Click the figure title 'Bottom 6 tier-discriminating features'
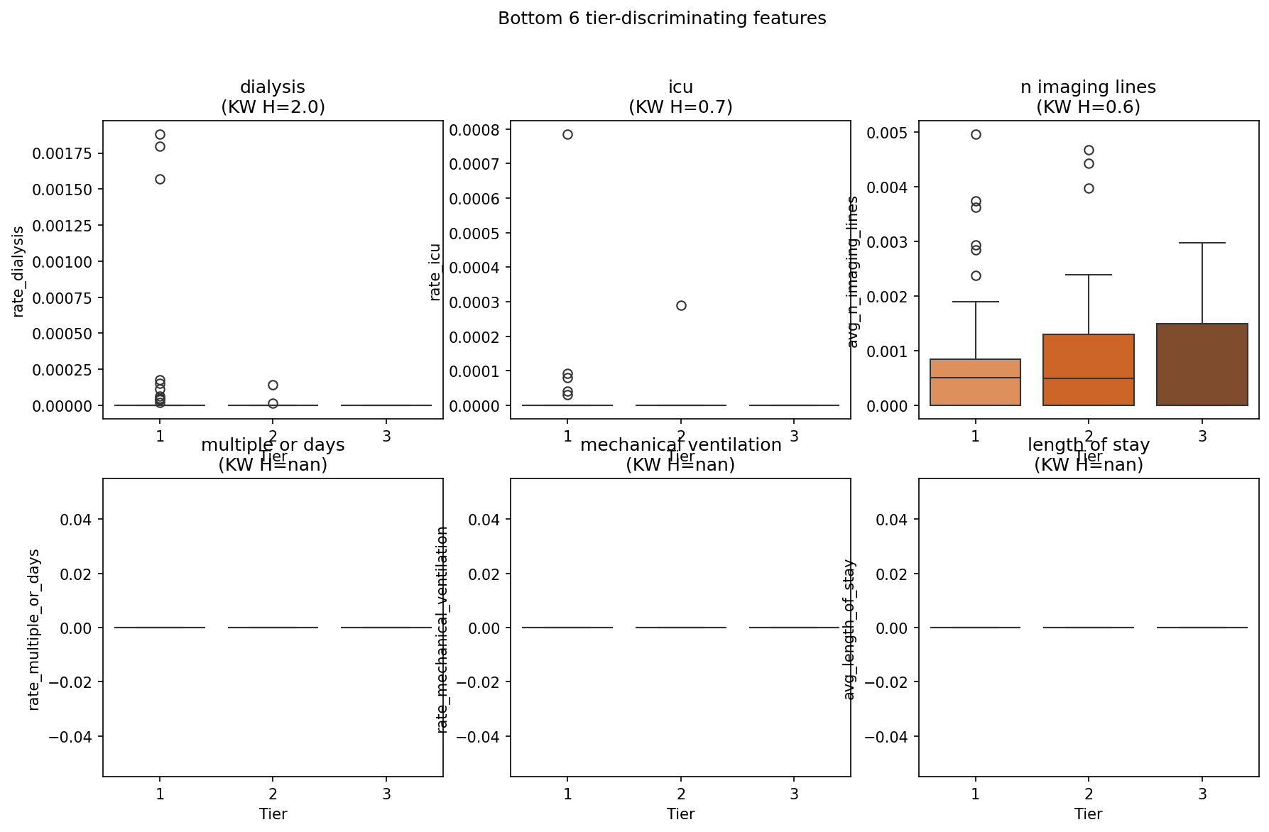662,18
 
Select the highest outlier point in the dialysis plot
160,134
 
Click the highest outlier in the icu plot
567,134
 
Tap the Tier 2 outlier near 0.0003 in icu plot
681,305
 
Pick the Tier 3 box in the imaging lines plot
1202,364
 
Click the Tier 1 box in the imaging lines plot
976,382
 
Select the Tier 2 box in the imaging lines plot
1089,369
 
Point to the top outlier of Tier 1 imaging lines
976,134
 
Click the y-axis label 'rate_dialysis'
19,271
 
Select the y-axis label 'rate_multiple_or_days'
34,629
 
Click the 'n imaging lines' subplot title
1088,87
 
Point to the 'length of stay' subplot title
1088,445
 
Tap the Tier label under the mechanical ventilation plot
680,814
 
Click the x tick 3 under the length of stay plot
1202,794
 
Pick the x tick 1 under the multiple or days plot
160,794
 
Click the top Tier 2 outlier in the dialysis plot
273,385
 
